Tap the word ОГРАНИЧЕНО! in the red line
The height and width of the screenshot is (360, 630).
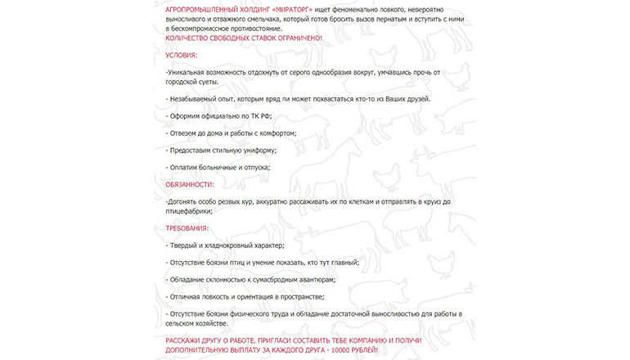(298, 38)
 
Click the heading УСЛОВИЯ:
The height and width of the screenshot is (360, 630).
(181, 55)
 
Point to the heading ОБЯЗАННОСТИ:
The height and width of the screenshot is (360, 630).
(190, 184)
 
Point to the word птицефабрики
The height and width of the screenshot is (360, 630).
(189, 210)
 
